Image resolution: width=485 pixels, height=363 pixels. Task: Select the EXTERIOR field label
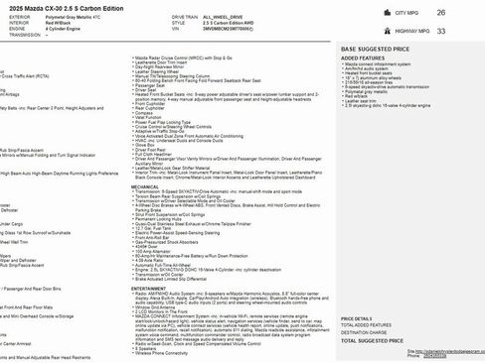coord(19,18)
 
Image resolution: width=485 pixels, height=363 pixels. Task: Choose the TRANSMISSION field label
coord(24,36)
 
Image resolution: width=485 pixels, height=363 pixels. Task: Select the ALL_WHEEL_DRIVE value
coord(252,18)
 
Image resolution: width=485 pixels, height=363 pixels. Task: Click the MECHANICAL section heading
coord(145,159)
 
